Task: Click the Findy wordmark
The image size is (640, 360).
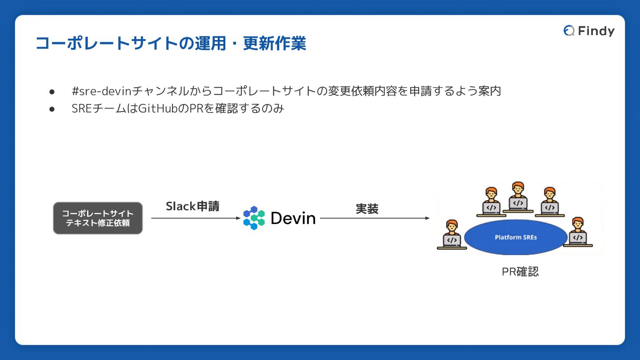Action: click(x=596, y=31)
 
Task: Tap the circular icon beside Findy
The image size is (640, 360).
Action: click(x=568, y=31)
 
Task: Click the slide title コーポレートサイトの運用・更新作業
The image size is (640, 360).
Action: click(x=171, y=44)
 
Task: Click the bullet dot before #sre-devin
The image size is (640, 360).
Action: click(x=52, y=92)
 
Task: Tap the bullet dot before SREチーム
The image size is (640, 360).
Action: click(x=52, y=108)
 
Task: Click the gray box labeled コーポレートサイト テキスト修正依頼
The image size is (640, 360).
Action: click(x=98, y=218)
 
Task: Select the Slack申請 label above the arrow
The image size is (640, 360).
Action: click(x=192, y=206)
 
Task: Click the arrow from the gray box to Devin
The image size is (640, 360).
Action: click(x=196, y=218)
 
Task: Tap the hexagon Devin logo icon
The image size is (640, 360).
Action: click(x=254, y=218)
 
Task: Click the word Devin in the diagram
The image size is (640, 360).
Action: click(x=293, y=218)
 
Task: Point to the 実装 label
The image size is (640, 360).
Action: click(x=367, y=209)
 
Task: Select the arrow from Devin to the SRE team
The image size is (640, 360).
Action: click(x=375, y=218)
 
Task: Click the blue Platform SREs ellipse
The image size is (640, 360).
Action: click(x=516, y=237)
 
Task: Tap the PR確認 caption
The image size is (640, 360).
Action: click(x=520, y=272)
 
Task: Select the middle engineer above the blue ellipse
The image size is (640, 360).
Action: click(x=517, y=196)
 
